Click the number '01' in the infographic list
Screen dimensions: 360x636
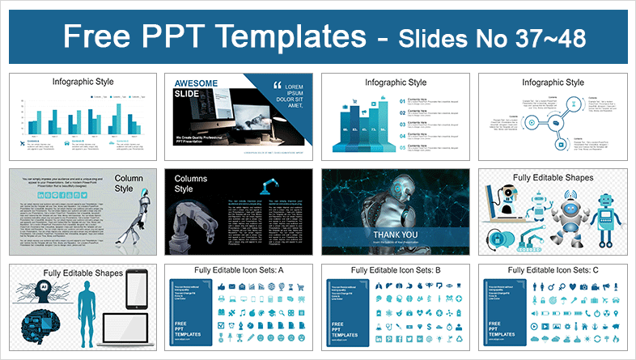pyautogui.click(x=403, y=101)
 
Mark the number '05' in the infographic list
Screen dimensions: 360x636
pyautogui.click(x=403, y=147)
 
